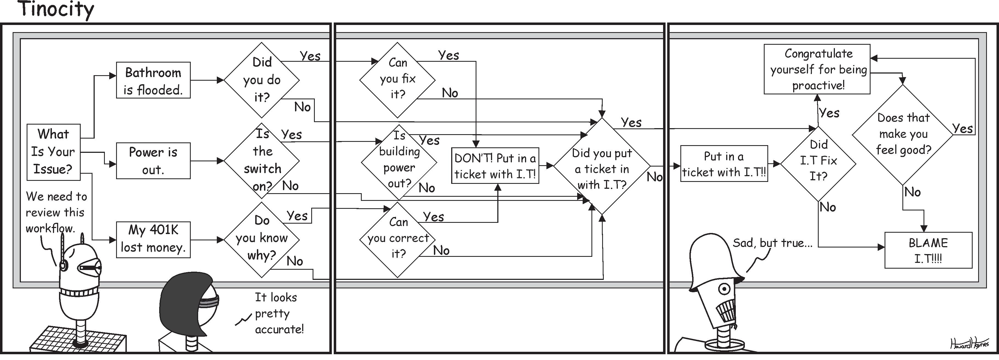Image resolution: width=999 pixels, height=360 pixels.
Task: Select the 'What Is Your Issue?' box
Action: (x=54, y=152)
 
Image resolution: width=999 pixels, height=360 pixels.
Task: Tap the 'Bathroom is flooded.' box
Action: (x=153, y=80)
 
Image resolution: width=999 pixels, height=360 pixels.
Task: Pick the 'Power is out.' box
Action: (x=153, y=161)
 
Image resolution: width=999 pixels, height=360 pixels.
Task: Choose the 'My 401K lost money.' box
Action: (x=153, y=239)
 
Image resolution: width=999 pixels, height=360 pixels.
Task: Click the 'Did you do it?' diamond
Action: (x=262, y=80)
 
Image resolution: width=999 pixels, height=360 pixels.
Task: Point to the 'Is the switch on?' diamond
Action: (x=262, y=160)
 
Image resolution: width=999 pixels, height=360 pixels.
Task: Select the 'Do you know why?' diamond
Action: (x=262, y=239)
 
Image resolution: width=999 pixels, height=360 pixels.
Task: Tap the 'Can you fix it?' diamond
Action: (x=397, y=80)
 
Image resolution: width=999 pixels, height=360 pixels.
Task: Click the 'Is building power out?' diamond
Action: (x=399, y=161)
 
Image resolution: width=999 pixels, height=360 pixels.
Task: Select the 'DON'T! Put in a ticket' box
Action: (x=495, y=166)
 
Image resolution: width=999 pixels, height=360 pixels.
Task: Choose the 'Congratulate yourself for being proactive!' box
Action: (x=817, y=69)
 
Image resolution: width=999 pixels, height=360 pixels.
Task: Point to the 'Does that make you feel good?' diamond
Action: (x=903, y=134)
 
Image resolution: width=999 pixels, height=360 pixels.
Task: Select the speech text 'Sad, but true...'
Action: (x=772, y=243)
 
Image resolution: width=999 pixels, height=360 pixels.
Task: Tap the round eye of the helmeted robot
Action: (x=724, y=289)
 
